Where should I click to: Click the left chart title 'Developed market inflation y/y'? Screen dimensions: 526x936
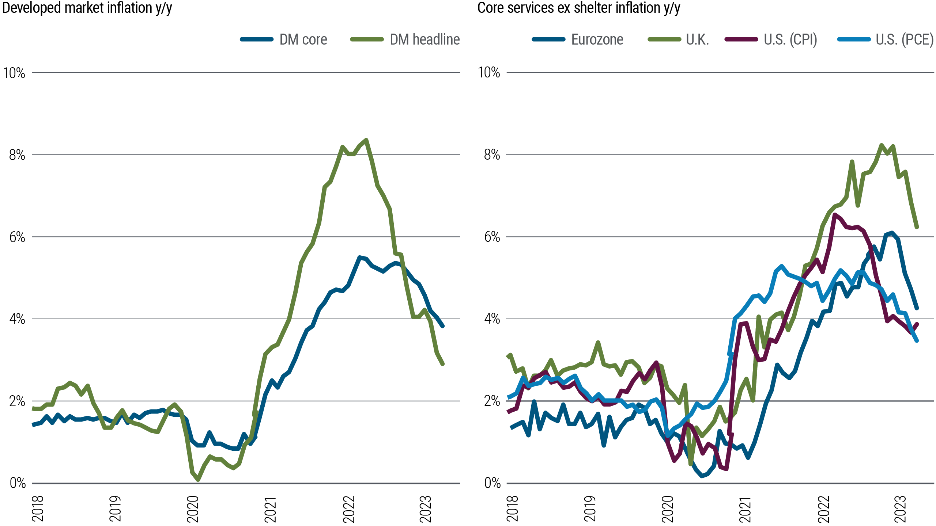click(x=87, y=8)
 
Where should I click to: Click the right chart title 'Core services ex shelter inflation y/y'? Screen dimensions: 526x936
click(x=578, y=8)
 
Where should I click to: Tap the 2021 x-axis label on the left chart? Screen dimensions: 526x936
click(x=270, y=509)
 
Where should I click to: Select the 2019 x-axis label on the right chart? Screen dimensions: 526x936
click(x=590, y=509)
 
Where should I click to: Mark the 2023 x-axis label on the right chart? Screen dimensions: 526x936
click(x=900, y=509)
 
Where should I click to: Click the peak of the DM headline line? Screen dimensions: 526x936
click(x=366, y=140)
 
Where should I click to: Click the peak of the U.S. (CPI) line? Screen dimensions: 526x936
click(x=835, y=215)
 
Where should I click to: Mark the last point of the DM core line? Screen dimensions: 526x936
click(x=443, y=326)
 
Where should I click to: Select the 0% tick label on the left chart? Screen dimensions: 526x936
click(x=18, y=483)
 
